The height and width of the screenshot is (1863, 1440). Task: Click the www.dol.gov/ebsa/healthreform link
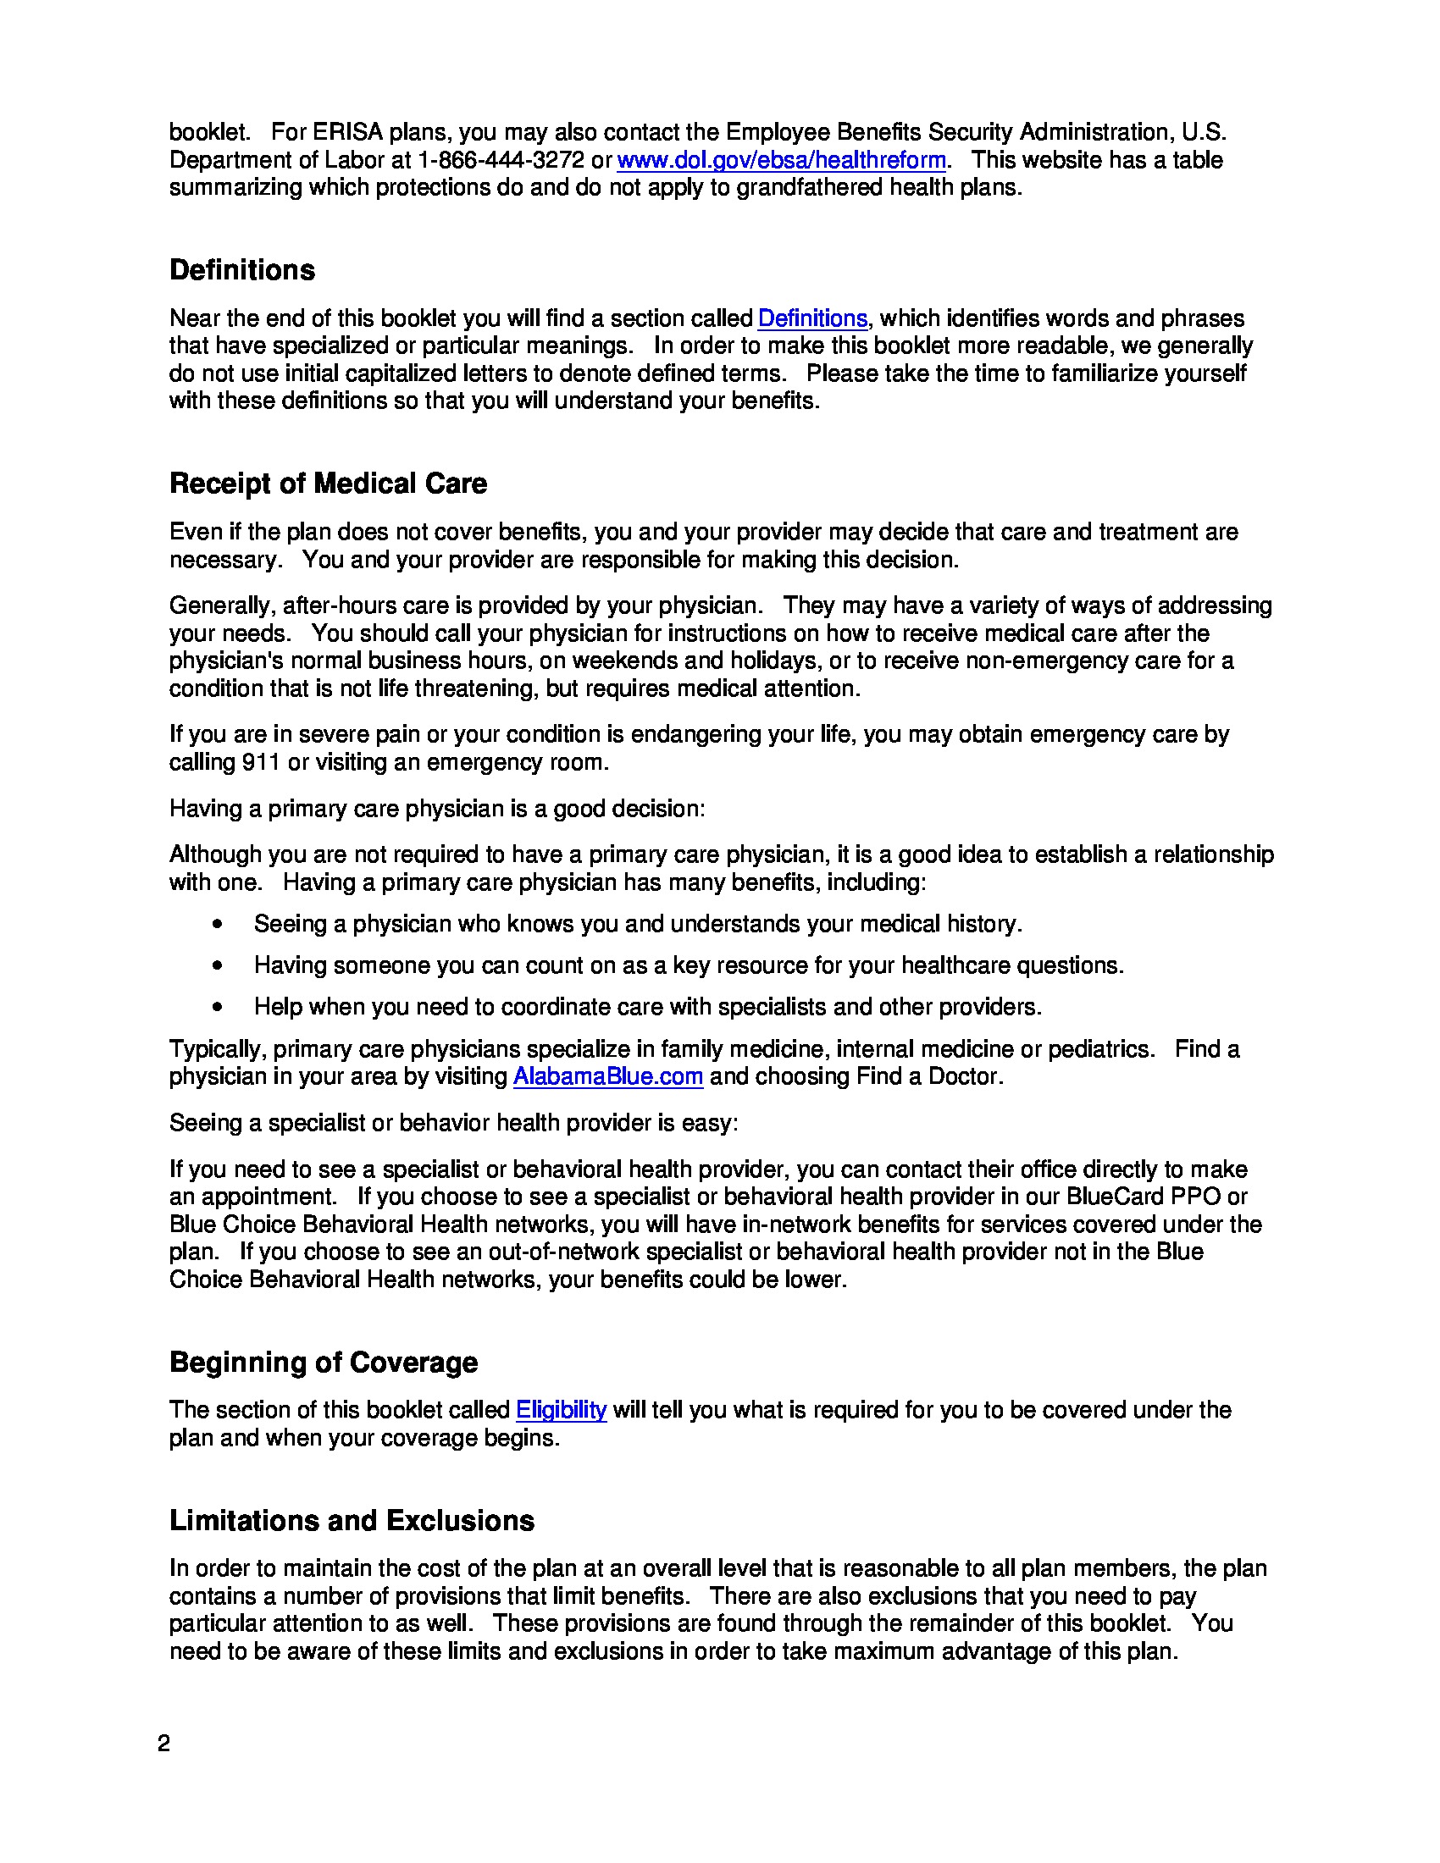pos(781,160)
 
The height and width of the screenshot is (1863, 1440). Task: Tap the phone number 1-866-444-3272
pos(501,160)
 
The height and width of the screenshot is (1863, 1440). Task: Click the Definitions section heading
pos(242,270)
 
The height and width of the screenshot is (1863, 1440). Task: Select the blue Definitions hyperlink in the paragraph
pos(812,318)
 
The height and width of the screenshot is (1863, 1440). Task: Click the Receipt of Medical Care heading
pos(328,484)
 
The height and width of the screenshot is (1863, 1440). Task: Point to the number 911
pos(261,762)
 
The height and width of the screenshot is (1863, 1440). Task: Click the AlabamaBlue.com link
pos(607,1076)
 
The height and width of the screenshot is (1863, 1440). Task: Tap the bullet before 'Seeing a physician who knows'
pos(219,924)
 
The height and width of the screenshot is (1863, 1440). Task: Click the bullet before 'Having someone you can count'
pos(219,965)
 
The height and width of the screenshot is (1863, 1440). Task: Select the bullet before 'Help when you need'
pos(219,1008)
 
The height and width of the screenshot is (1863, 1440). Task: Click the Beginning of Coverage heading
pos(324,1363)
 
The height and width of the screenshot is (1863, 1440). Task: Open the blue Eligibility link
pos(561,1410)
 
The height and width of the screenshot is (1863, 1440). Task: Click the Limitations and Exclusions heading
pos(352,1521)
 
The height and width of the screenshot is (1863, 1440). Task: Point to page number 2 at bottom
pos(163,1744)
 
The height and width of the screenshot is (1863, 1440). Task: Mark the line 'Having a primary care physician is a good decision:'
pos(437,809)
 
